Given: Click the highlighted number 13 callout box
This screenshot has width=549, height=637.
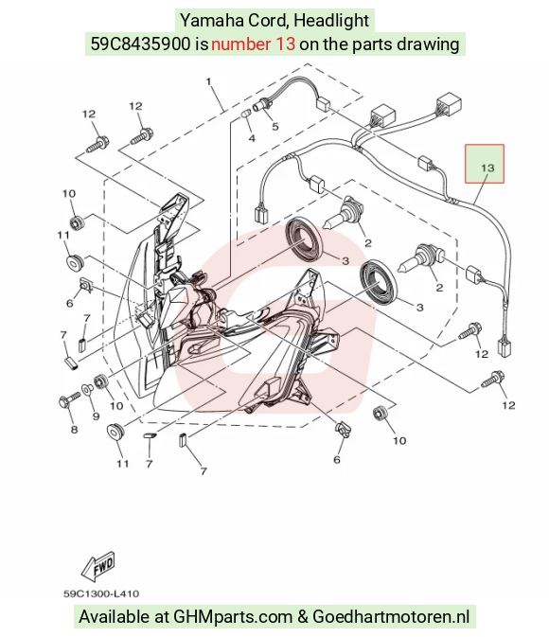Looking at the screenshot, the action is pos(485,164).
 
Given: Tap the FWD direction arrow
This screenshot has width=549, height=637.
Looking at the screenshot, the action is pos(98,566).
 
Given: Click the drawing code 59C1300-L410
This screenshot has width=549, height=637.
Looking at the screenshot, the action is pos(101,594).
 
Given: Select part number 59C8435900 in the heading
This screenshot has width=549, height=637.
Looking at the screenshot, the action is pos(140,44).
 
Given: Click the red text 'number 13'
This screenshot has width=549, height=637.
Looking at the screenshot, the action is pos(253,44).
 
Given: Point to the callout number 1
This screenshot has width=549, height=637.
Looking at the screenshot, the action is pos(208,81).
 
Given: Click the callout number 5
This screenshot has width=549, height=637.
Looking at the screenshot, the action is pos(275,126).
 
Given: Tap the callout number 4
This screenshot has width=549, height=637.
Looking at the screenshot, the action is pos(252,138).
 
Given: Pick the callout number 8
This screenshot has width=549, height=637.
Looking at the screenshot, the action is pos(74,430).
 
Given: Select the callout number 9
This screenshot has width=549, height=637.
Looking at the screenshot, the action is pos(96,416).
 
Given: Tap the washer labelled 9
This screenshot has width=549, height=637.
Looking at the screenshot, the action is pos(87,390).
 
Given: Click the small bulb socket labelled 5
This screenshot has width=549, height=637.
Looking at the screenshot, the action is pos(260,104).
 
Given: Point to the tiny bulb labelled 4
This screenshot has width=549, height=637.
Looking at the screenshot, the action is pos(246,113).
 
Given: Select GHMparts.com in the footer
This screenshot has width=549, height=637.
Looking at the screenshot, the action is pos(233,617).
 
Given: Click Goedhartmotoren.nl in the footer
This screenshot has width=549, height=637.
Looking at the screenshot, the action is pos(391,617).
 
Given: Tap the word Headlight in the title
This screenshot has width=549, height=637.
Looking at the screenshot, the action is pos(330,20).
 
